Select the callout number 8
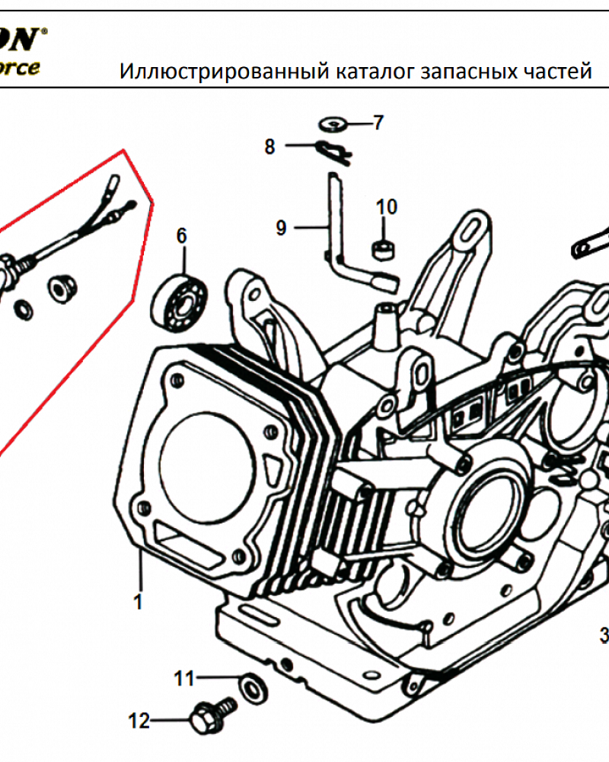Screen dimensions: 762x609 (x=269, y=147)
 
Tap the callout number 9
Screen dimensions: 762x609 (x=281, y=227)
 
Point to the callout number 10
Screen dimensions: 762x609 (x=386, y=207)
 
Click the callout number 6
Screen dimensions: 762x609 (x=181, y=235)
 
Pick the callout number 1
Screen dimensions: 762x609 (x=138, y=602)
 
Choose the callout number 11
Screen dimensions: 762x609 (x=184, y=677)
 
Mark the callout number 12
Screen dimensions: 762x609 (x=139, y=720)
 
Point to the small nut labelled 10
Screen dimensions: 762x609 (x=382, y=248)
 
